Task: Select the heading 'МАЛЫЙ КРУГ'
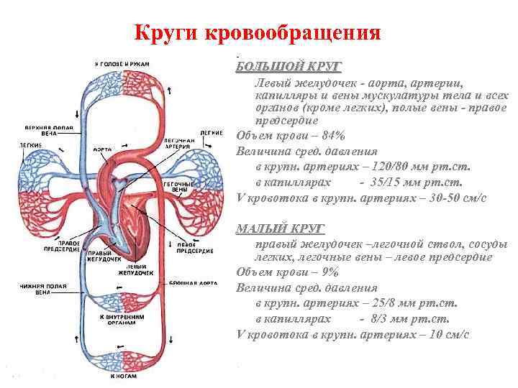click(x=281, y=229)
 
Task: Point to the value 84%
click(x=332, y=136)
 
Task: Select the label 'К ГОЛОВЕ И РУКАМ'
click(x=122, y=64)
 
